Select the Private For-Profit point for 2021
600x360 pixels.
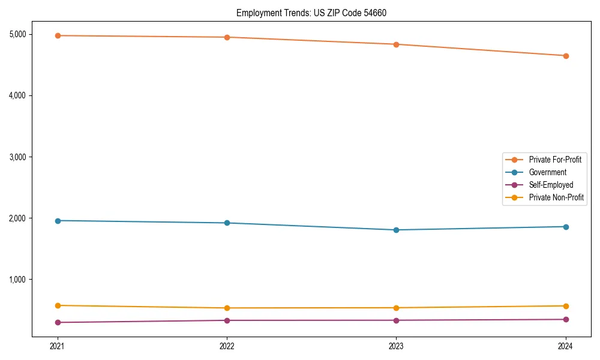pos(58,35)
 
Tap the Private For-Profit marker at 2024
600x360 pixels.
pos(566,56)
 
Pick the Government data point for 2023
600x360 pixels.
pos(396,230)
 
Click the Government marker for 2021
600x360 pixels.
pos(58,221)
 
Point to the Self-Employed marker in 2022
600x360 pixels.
pos(227,320)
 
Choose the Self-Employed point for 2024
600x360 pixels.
pos(566,319)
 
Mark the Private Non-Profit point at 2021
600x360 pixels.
pos(58,305)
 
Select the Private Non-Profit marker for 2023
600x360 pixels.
pos(396,308)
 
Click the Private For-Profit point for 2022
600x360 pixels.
pos(227,37)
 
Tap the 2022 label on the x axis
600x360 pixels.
pos(227,346)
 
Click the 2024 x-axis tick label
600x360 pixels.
pos(566,346)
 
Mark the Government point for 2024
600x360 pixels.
pos(566,227)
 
